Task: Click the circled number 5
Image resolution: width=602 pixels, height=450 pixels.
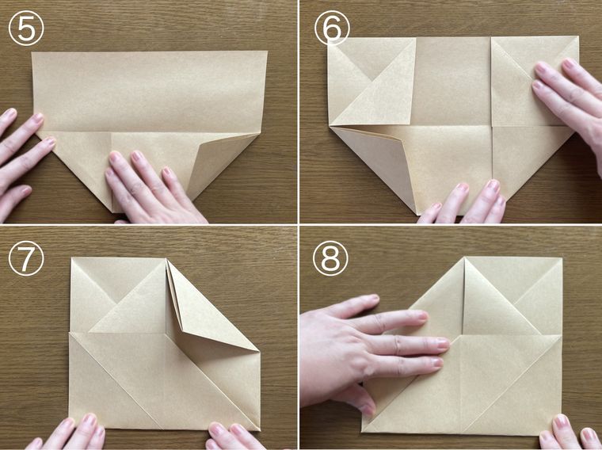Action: coord(26,28)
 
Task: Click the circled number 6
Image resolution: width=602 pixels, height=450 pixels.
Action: coord(332,28)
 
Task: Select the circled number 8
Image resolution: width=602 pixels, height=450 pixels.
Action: coord(330,258)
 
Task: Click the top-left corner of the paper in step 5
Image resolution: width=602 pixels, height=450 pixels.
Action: coord(32,52)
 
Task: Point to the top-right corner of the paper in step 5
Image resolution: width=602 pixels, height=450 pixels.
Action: coord(267,51)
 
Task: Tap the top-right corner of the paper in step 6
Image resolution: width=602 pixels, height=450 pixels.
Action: coord(578,36)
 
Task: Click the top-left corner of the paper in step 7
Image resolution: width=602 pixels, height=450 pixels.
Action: coord(71,258)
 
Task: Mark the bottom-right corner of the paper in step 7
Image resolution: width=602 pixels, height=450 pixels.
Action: coord(260,430)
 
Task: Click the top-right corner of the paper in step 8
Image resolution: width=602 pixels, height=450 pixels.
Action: coord(562,258)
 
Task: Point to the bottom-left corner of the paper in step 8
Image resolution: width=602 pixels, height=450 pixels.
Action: coord(362,432)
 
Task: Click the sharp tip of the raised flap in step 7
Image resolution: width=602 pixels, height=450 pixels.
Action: coord(259,350)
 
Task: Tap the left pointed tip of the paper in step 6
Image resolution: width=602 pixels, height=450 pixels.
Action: coord(330,125)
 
